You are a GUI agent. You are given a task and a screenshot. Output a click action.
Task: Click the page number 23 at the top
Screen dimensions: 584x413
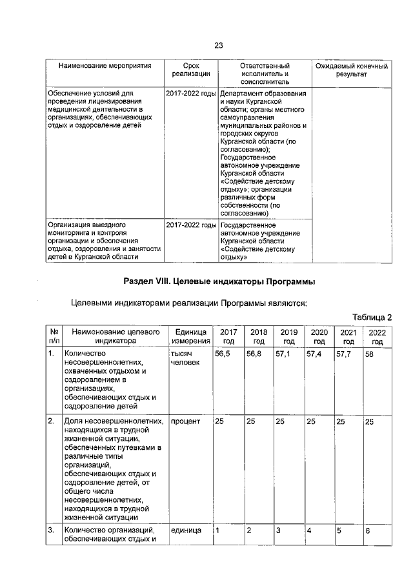click(x=218, y=45)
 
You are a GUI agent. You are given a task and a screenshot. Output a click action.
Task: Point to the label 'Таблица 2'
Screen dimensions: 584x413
click(x=372, y=317)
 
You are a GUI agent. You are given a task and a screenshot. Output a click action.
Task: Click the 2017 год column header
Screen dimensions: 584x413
click(x=228, y=336)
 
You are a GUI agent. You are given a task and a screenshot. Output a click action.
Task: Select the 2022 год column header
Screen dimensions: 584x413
click(x=378, y=336)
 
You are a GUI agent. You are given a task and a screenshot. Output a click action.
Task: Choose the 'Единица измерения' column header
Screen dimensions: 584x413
click(x=190, y=336)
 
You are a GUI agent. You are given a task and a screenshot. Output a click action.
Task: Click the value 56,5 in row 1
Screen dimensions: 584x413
click(x=223, y=354)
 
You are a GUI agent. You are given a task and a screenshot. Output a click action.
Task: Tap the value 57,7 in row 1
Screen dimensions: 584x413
click(x=343, y=354)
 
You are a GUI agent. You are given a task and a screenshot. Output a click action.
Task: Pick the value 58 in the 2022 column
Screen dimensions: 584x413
click(x=369, y=354)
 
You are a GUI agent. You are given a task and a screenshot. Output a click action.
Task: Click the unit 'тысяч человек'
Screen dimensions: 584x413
click(x=185, y=359)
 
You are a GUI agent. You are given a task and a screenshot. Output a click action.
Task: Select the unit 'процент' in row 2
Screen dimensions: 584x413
click(x=185, y=421)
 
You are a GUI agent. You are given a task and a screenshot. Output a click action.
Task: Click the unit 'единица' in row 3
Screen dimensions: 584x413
click(x=185, y=530)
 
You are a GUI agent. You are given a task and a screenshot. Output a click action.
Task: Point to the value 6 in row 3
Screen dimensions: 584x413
click(x=367, y=530)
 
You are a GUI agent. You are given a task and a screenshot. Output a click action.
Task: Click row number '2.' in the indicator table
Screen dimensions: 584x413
click(x=51, y=421)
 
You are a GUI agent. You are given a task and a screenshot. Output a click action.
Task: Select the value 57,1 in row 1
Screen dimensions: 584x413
click(x=283, y=354)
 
